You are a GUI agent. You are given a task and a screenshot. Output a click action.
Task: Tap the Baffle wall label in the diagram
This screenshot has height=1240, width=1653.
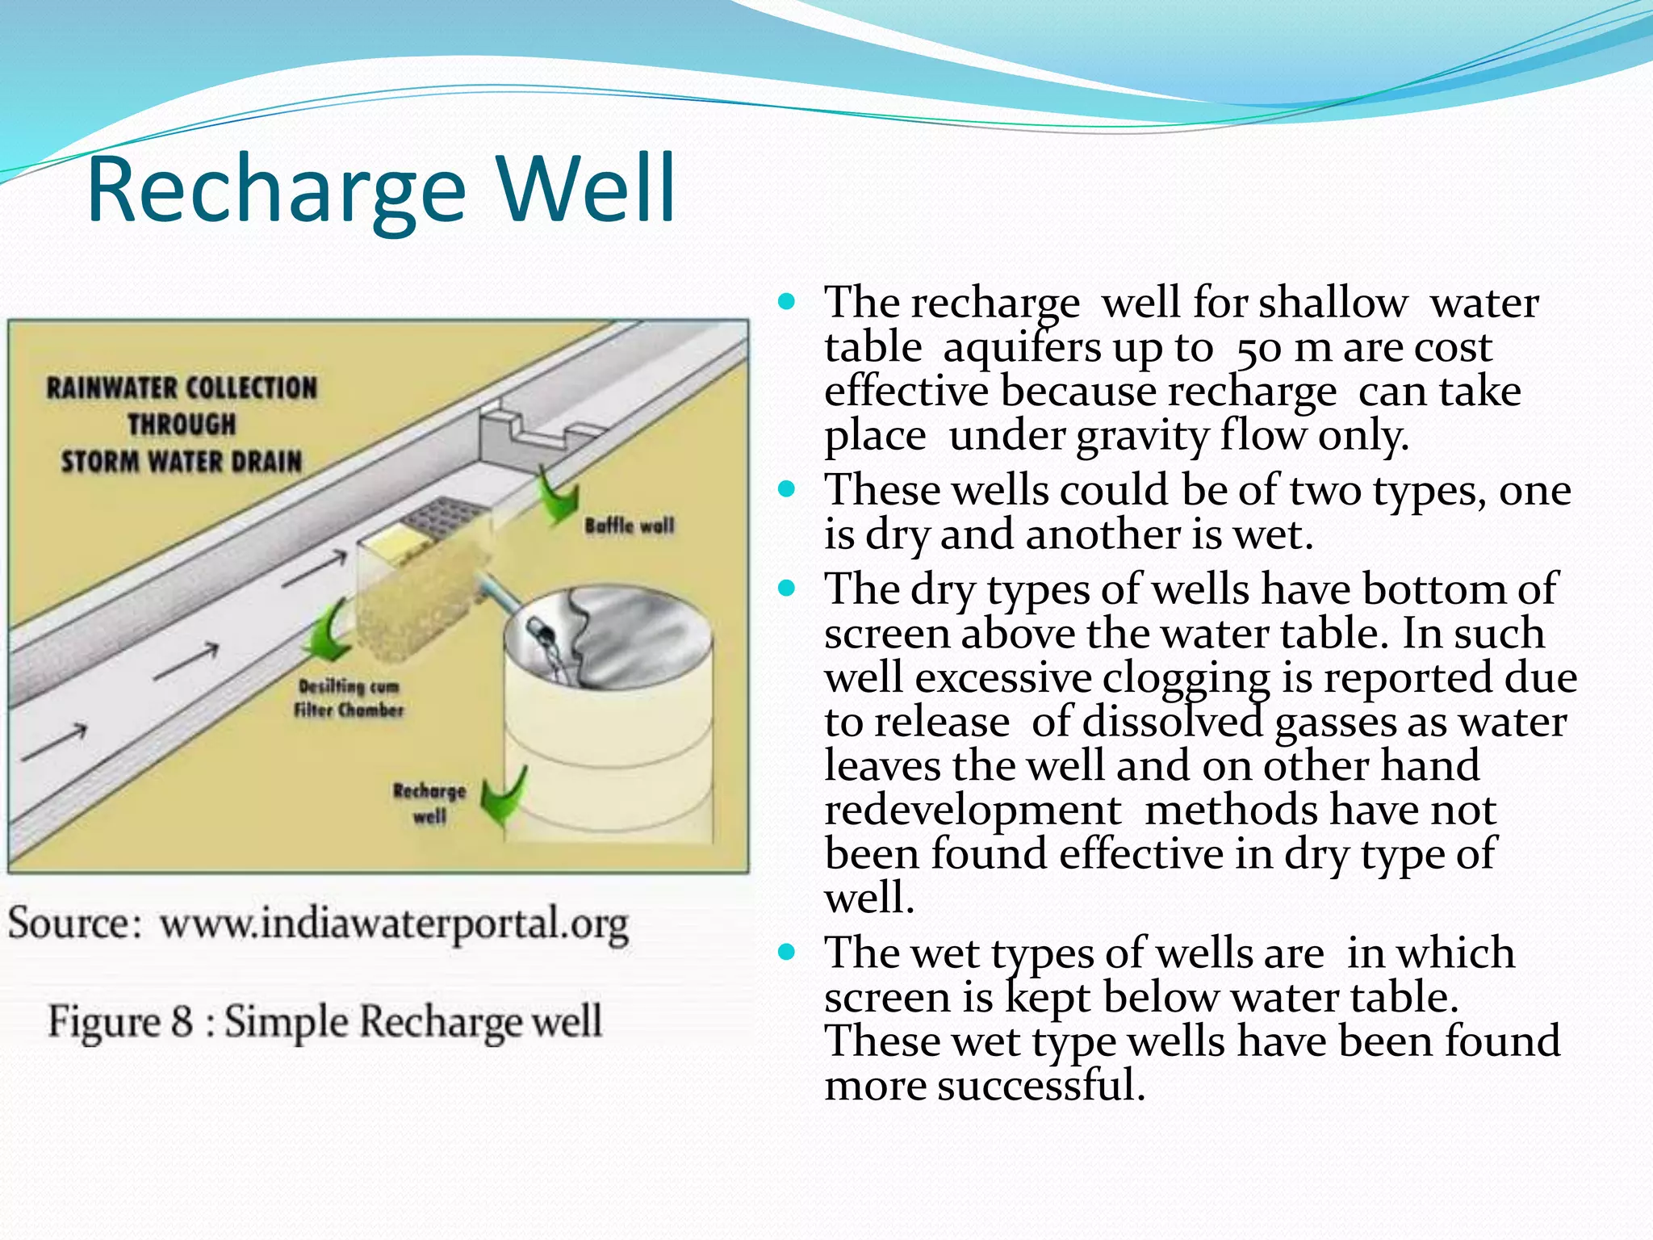tap(629, 526)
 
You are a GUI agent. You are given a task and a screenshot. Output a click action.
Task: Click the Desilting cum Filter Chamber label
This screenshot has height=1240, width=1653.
tap(349, 698)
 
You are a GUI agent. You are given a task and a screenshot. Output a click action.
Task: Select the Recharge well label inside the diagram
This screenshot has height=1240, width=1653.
tap(429, 803)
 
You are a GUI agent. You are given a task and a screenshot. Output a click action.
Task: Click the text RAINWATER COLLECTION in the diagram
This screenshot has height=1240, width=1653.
tap(182, 388)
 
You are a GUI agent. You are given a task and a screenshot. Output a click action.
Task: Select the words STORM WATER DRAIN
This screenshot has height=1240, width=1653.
tap(182, 462)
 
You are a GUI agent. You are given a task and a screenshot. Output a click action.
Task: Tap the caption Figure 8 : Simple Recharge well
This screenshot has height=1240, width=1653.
tap(324, 1021)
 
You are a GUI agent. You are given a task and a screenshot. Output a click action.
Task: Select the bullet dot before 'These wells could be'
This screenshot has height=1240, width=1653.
tap(787, 489)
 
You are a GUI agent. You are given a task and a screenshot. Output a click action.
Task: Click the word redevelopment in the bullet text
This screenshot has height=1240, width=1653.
tap(973, 811)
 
